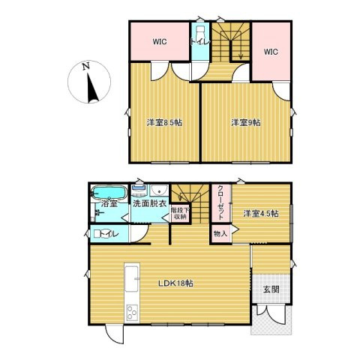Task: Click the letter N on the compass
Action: [86, 67]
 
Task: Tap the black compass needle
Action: [91, 88]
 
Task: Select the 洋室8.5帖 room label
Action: [164, 123]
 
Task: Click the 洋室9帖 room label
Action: [246, 123]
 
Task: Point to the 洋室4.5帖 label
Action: [261, 214]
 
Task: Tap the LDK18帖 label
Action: [176, 283]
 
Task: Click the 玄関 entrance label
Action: [271, 289]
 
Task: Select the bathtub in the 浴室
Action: [109, 193]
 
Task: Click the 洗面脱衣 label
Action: [149, 203]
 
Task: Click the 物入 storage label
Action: [220, 234]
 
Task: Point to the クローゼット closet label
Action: [221, 202]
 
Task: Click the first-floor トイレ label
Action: [109, 234]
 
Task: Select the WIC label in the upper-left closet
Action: [160, 42]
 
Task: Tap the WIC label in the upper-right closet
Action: [271, 52]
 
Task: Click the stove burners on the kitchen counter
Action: [132, 312]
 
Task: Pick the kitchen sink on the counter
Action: [131, 279]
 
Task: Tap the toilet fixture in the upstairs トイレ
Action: [200, 34]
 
